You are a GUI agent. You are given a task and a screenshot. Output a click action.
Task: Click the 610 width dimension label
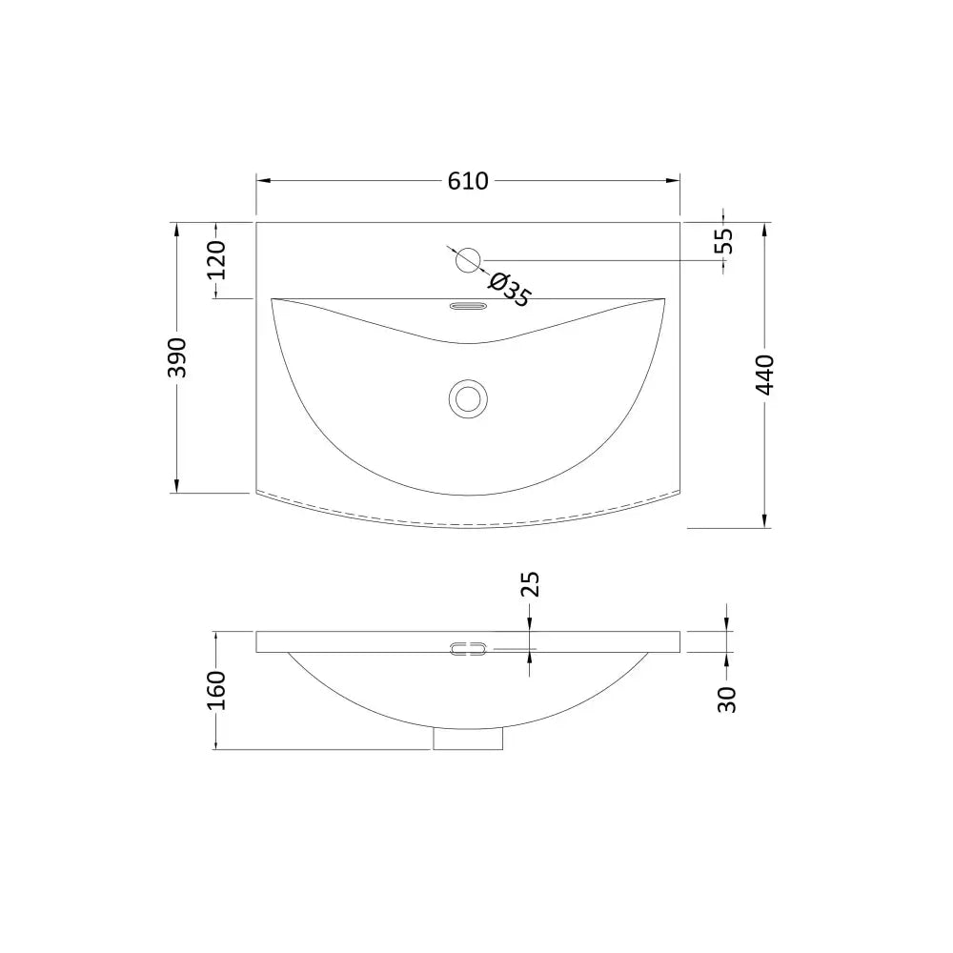(467, 181)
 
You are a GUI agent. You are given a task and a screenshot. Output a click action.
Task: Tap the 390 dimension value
(177, 357)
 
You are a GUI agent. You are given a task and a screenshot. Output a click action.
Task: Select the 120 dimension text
(217, 260)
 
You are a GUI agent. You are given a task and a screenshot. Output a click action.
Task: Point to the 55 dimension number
(723, 241)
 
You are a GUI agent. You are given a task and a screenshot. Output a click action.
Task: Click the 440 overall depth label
(765, 375)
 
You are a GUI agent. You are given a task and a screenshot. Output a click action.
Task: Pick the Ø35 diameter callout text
(509, 291)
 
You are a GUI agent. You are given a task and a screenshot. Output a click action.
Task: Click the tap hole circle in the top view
(468, 261)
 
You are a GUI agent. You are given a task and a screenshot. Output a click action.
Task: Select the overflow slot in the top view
(468, 306)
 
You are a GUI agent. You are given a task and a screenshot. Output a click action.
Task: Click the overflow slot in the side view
(468, 649)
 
